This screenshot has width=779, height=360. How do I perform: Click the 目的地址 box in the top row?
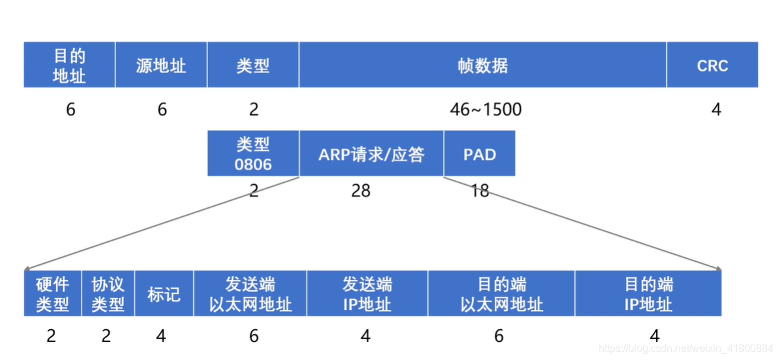pyautogui.click(x=69, y=65)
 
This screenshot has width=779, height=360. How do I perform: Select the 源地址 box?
pyautogui.click(x=161, y=65)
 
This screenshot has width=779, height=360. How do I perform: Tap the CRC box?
pyautogui.click(x=712, y=65)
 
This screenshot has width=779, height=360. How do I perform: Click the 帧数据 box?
pyautogui.click(x=483, y=65)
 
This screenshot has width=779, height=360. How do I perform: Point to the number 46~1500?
pyautogui.click(x=486, y=110)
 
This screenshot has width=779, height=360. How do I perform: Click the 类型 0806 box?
pyautogui.click(x=253, y=154)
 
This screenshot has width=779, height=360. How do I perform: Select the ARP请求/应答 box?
pyautogui.click(x=371, y=154)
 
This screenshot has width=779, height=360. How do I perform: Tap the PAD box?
pyautogui.click(x=479, y=154)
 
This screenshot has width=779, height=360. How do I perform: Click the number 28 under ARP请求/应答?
pyautogui.click(x=361, y=191)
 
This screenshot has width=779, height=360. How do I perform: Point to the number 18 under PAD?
pyautogui.click(x=479, y=191)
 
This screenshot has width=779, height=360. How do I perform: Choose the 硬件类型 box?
pyautogui.click(x=53, y=294)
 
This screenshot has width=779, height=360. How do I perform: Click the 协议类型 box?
pyautogui.click(x=108, y=294)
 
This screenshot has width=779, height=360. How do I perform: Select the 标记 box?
pyautogui.click(x=164, y=294)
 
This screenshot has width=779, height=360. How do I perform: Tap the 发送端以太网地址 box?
pyautogui.click(x=250, y=294)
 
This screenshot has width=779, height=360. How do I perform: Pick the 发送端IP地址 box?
pyautogui.click(x=367, y=294)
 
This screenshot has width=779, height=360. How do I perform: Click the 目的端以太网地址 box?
pyautogui.click(x=501, y=294)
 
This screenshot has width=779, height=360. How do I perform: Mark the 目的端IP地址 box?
pyautogui.click(x=648, y=294)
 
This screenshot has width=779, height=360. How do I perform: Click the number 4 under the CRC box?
pyautogui.click(x=716, y=110)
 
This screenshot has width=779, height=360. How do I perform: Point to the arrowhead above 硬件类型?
pyautogui.click(x=28, y=268)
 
